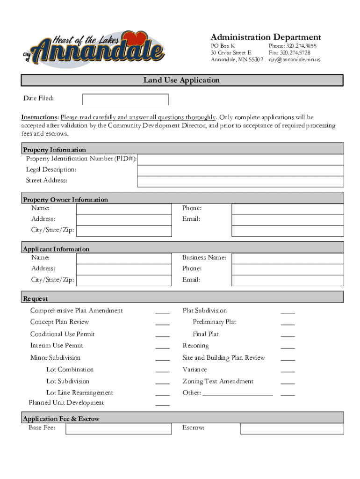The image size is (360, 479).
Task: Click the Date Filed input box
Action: point(125,100)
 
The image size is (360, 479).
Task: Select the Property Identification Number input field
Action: point(240,160)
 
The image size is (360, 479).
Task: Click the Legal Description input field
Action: point(240,170)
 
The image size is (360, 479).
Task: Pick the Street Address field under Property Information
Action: point(240,181)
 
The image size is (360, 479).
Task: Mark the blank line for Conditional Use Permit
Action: point(162,335)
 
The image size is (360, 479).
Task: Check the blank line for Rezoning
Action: point(288,347)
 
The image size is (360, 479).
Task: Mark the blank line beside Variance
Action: point(288,371)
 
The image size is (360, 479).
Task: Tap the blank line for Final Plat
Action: point(288,335)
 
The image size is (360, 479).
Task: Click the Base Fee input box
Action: point(119,429)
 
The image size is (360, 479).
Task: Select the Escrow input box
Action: point(292,429)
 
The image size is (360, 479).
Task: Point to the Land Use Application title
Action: point(181,80)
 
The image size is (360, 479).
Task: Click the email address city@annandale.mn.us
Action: point(294,60)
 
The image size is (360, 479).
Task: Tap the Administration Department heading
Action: point(266,37)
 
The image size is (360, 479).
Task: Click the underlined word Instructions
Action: point(39,117)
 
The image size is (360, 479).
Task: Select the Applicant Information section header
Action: point(56,249)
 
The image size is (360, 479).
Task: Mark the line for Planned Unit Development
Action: point(162,404)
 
